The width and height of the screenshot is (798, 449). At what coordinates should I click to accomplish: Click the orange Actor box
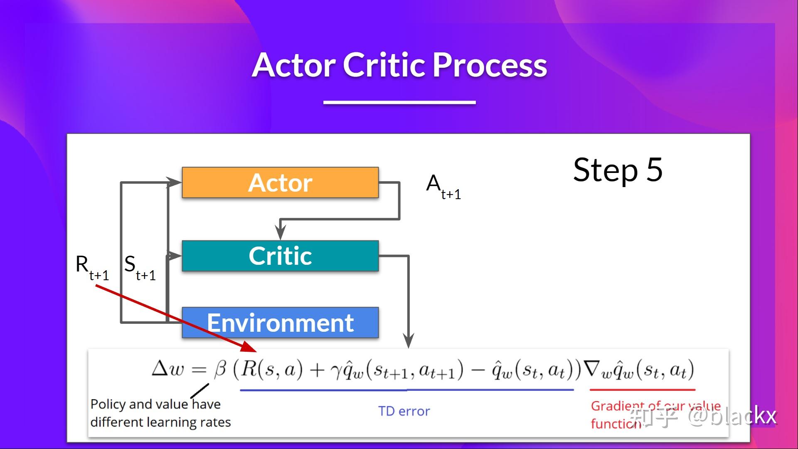pyautogui.click(x=280, y=183)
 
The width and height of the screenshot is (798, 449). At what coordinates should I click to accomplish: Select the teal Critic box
pyautogui.click(x=280, y=256)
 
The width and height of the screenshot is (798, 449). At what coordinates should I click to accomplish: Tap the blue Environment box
pyautogui.click(x=280, y=323)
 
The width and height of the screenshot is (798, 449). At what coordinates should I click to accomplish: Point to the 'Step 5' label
pyautogui.click(x=618, y=170)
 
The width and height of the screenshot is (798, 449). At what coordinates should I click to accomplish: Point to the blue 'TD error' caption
pyautogui.click(x=404, y=411)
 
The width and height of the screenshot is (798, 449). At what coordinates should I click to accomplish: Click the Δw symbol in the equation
pyautogui.click(x=167, y=369)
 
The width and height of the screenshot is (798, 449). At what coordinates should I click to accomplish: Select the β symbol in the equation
pyautogui.click(x=220, y=369)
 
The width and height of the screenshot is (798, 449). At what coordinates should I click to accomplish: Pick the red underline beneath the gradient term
pyautogui.click(x=642, y=390)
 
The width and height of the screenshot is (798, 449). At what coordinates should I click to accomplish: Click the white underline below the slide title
pyautogui.click(x=399, y=102)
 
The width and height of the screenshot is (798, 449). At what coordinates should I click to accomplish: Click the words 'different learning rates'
pyautogui.click(x=160, y=422)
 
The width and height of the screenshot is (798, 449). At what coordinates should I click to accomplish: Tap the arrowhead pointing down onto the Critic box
pyautogui.click(x=281, y=233)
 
